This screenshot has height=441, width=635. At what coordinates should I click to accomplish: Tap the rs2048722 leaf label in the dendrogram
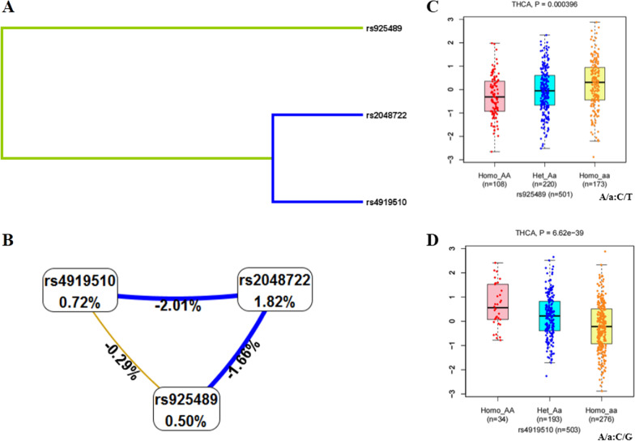click(x=391, y=116)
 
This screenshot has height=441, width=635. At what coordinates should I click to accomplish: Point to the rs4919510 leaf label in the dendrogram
click(x=391, y=203)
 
